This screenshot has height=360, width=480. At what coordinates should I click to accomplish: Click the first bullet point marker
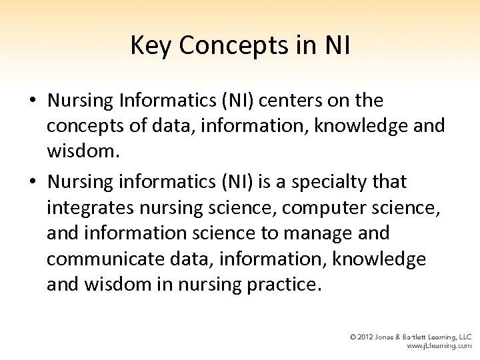pyautogui.click(x=32, y=101)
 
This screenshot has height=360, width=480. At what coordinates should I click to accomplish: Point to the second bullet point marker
pyautogui.click(x=32, y=182)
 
